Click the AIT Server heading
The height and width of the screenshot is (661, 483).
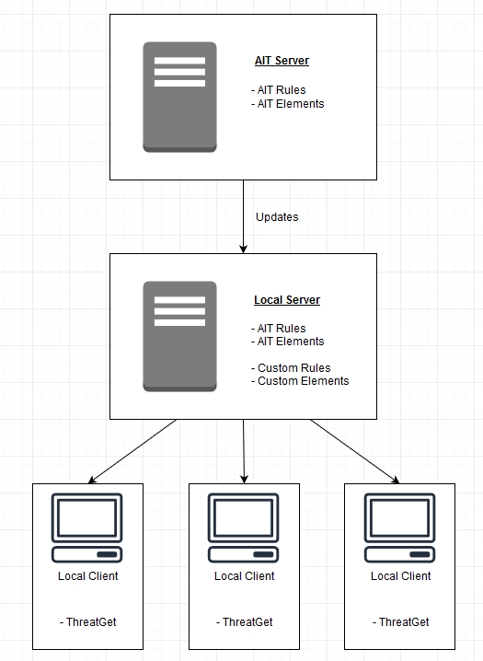point(282,61)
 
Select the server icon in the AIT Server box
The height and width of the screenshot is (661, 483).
point(179,97)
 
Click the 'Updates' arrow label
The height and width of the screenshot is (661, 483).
point(276,217)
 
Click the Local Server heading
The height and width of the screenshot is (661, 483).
point(287,300)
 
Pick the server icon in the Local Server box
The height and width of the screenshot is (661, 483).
point(179,336)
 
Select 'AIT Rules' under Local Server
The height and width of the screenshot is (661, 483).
point(282,329)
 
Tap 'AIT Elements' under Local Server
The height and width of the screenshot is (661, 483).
point(290,342)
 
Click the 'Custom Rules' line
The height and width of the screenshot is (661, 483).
point(293,367)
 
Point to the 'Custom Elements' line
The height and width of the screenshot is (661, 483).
point(303,381)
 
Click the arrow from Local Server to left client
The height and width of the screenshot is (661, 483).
point(132,451)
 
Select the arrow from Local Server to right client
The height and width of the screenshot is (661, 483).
point(354,451)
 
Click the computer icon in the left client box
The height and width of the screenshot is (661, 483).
point(87,528)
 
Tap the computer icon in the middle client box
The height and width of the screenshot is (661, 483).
point(244,528)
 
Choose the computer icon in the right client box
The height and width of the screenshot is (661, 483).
point(400,528)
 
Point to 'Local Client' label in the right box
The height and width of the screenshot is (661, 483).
point(400,576)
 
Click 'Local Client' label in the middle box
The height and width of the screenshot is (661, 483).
point(244,576)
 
